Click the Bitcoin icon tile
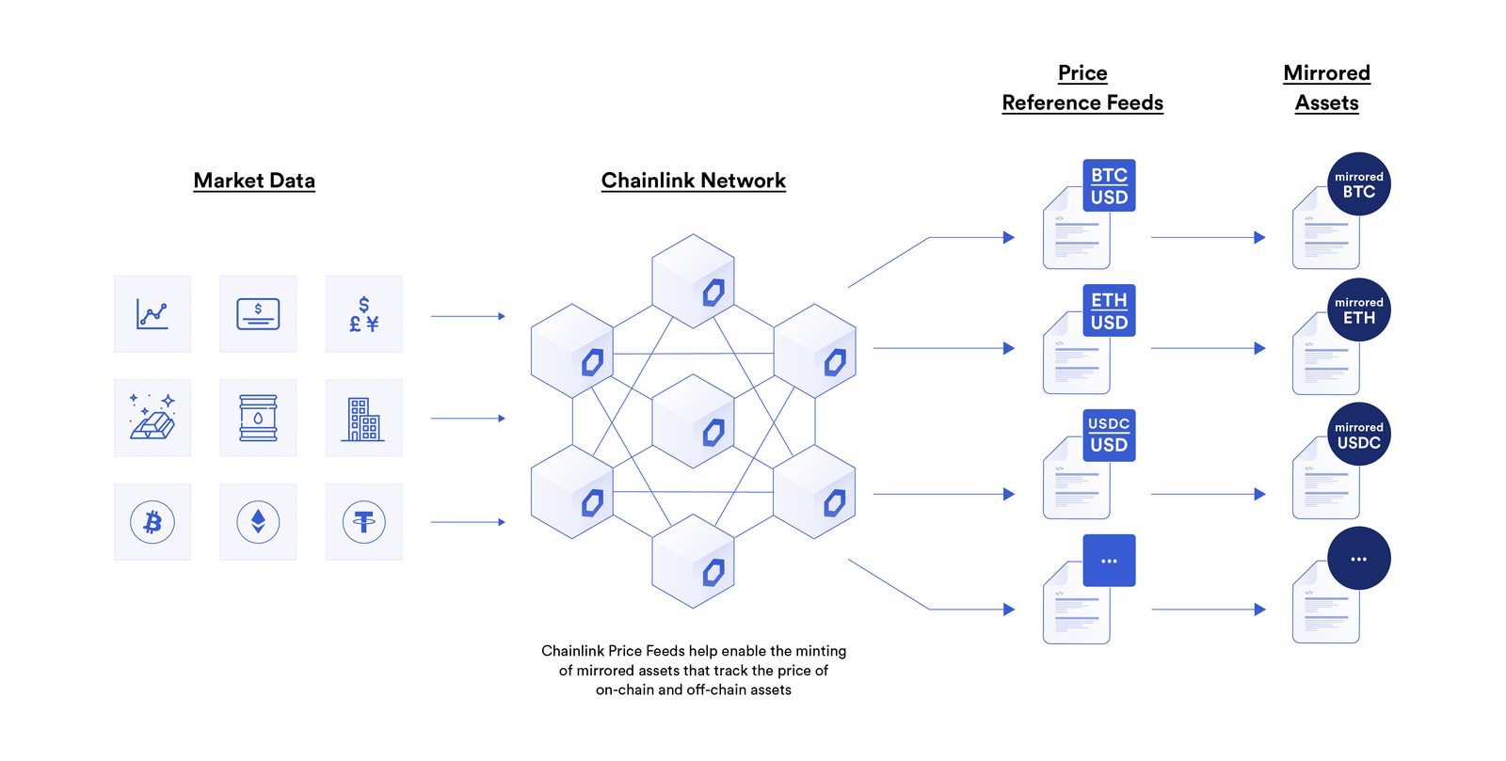(x=152, y=522)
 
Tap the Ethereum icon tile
(x=258, y=522)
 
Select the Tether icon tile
(x=364, y=522)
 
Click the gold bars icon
(x=152, y=418)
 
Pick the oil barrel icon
(x=258, y=418)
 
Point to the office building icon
(x=364, y=418)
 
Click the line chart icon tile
(x=152, y=313)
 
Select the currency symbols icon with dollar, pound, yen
(x=364, y=313)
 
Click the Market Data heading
(x=254, y=181)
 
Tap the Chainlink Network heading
(x=694, y=181)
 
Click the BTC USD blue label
(x=1109, y=185)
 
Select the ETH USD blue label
(x=1109, y=310)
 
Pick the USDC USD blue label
(x=1109, y=435)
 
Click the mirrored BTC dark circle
(x=1358, y=184)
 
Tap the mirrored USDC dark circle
(x=1358, y=435)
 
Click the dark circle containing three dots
(x=1358, y=559)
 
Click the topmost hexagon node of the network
(x=693, y=280)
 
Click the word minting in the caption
(x=821, y=651)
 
